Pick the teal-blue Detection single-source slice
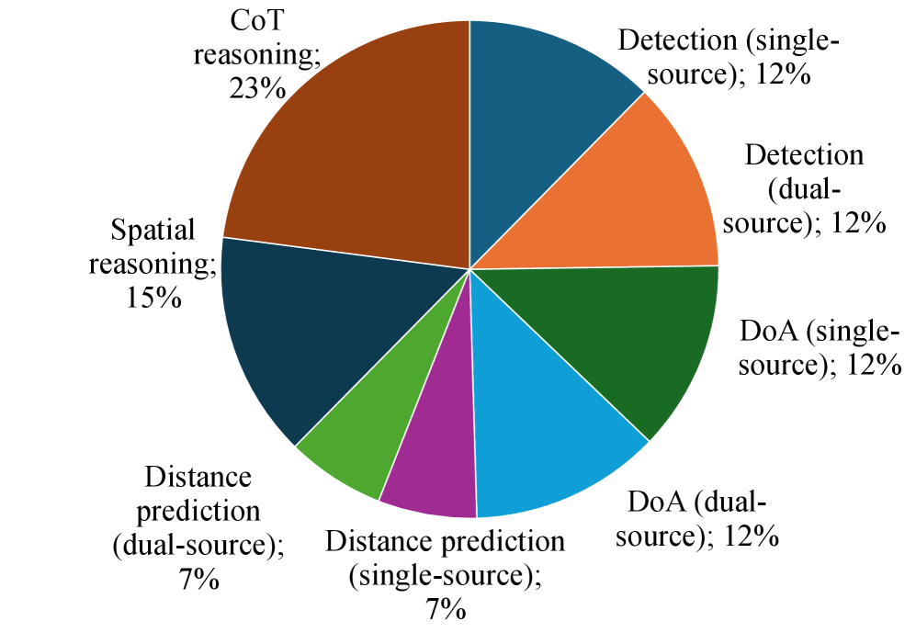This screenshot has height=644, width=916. tap(542, 92)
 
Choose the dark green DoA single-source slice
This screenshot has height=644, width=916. tap(625, 340)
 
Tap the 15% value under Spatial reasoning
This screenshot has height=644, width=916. tap(153, 298)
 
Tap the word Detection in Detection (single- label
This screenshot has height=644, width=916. tap(677, 40)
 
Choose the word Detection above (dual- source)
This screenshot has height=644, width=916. tap(804, 154)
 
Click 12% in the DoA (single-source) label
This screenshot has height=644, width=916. tap(873, 364)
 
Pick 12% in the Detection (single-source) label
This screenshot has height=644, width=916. tap(784, 73)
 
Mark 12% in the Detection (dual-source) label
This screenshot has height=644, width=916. tap(860, 221)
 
